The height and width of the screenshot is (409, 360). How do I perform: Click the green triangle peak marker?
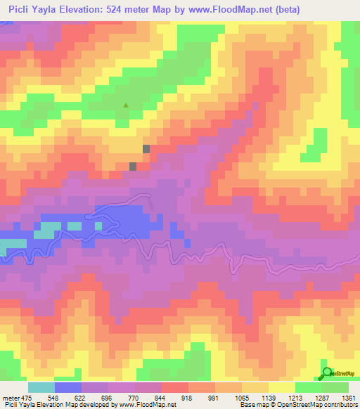(x=126, y=106)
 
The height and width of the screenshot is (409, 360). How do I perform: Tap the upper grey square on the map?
(x=146, y=149)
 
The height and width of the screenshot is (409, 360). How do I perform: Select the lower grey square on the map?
(x=133, y=166)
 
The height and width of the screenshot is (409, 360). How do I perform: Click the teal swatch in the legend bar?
(x=41, y=387)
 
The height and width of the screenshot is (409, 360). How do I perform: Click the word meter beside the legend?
(x=10, y=398)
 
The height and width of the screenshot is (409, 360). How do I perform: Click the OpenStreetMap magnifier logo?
(x=327, y=373)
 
